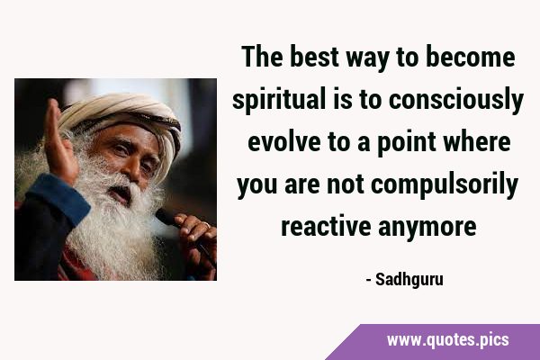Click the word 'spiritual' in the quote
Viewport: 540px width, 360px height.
click(x=279, y=100)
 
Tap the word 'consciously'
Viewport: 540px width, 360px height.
click(x=456, y=100)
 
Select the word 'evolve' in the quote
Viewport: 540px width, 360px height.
click(x=284, y=141)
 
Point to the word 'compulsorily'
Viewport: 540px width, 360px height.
click(x=445, y=185)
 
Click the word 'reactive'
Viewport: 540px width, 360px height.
click(x=326, y=226)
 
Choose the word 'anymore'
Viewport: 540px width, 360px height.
click(x=427, y=228)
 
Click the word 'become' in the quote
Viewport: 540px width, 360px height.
click(x=471, y=57)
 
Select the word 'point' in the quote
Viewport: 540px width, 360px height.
click(x=407, y=143)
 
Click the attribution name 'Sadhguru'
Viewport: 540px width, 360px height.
click(x=409, y=280)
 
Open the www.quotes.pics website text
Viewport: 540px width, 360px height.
click(x=447, y=340)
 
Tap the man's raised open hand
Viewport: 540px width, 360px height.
click(x=58, y=141)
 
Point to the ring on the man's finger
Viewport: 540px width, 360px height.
click(x=206, y=225)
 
